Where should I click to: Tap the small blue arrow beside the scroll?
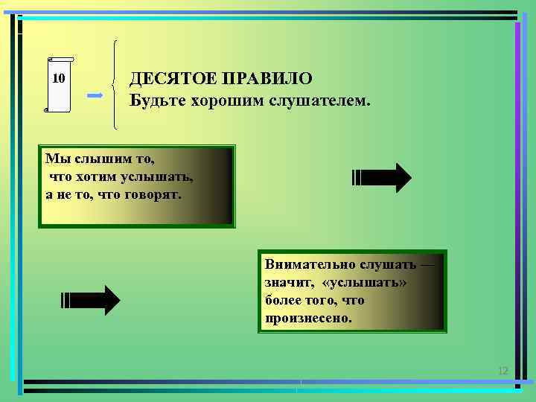[x=95, y=96]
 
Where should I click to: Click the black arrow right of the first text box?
[x=381, y=178]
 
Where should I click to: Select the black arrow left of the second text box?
[x=90, y=300]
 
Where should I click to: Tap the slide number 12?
[x=502, y=371]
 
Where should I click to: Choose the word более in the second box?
[x=283, y=300]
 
